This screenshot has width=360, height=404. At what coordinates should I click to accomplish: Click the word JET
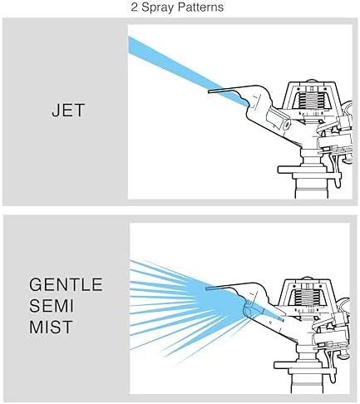coord(68,111)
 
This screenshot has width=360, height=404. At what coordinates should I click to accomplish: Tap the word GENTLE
coord(66,284)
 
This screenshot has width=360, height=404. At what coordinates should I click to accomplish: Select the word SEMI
coord(52,306)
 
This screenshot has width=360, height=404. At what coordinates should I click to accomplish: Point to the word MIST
coord(51,327)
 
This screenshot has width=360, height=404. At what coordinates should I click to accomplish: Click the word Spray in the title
coord(158,7)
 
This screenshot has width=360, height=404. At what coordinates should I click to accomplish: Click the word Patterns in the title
coord(200,7)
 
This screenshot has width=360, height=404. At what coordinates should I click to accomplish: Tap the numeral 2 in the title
coord(134,7)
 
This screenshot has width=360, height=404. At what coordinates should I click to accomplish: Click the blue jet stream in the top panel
coord(185,71)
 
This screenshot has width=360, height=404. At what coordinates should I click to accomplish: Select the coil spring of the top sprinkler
coord(309,101)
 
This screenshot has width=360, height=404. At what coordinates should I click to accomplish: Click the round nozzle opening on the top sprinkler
coord(285,126)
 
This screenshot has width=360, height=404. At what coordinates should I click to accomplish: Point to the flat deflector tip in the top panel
coord(222,90)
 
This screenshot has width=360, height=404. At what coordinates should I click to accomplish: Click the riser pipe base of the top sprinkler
coord(312,189)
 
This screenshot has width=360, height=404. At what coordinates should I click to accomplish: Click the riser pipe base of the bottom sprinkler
coord(308,385)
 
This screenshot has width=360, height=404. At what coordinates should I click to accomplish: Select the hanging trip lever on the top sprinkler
coord(336,172)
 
